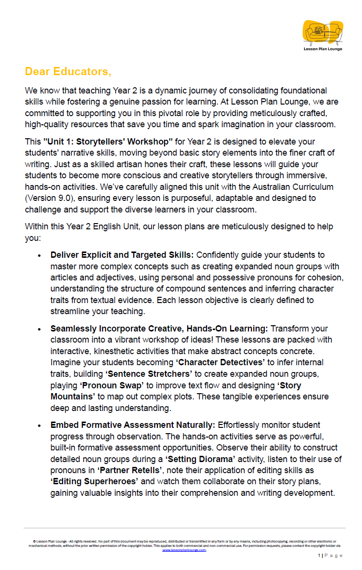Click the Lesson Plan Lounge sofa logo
coord(323,33)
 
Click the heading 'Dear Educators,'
coord(68,71)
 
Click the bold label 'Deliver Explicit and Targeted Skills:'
coord(122,255)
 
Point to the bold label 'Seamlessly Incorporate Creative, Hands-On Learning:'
coord(159,329)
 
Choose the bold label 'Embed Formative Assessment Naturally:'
coord(133,425)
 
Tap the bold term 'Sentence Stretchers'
coord(149,373)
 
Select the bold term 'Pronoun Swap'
coord(105,385)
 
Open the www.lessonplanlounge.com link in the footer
coord(184,550)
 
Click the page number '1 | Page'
coord(330,556)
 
